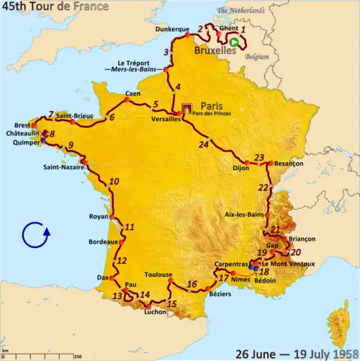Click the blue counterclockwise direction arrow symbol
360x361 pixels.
point(35,236)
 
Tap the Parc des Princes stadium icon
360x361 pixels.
point(189,107)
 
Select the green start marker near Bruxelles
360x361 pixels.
point(235,42)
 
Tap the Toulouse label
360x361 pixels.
point(158,275)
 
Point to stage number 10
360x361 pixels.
point(114,182)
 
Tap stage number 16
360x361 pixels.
point(192,284)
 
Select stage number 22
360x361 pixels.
point(264,188)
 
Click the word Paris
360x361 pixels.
point(211,103)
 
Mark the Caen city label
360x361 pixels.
point(132,94)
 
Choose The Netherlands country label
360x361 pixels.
point(240,11)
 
